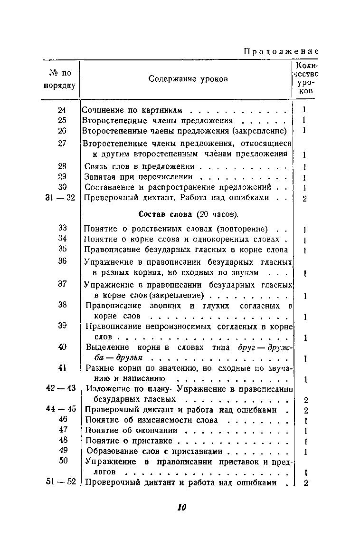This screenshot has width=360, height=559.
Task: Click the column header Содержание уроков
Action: pos(188,78)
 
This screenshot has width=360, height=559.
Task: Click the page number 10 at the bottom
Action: pos(181,507)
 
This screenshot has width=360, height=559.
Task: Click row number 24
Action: pos(62,110)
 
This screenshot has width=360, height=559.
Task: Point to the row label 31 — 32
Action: pos(60,197)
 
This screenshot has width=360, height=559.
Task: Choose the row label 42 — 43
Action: pos(61,388)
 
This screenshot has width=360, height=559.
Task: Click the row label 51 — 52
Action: pos(60,482)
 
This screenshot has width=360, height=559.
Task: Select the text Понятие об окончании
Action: pos(131,430)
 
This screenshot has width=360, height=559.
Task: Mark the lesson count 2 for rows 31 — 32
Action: pos(304,198)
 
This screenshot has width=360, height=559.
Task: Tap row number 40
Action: pos(62,347)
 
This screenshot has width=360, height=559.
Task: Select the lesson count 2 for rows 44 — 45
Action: pos(306,410)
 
